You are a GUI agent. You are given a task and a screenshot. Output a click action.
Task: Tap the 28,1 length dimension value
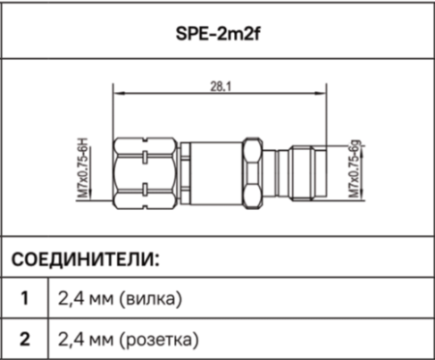[x=219, y=87]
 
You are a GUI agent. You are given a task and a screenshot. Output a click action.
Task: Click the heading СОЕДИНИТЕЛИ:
[x=84, y=259]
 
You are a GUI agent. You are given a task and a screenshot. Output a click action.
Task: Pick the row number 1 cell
[x=23, y=297]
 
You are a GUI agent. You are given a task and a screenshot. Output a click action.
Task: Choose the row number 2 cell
[x=23, y=340]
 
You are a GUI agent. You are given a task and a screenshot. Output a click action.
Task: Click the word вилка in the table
[x=147, y=297]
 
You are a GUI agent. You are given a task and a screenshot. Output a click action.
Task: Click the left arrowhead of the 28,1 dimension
[x=118, y=95]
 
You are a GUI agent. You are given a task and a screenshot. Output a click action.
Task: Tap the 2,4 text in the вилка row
[x=71, y=297]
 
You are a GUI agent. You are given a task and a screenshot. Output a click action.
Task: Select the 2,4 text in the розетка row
[x=71, y=340]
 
